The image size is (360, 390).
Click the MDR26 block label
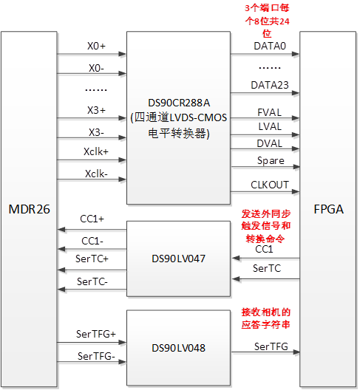[x=30, y=209]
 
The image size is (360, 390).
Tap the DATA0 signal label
[x=268, y=46]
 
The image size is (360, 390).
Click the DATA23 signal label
[x=268, y=85]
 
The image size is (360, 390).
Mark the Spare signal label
[x=270, y=160]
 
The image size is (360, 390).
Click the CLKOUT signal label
[x=269, y=186]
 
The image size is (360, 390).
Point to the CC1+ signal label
[x=92, y=219]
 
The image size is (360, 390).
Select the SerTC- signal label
[x=92, y=281]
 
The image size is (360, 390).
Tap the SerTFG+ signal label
[x=94, y=334]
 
